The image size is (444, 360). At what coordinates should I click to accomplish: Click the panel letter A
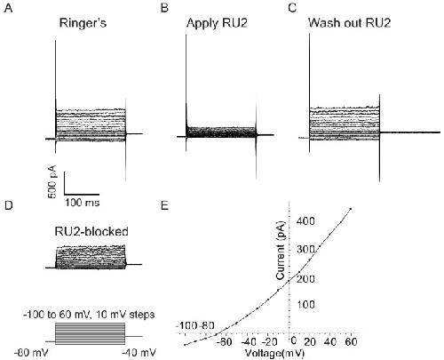tap(8, 8)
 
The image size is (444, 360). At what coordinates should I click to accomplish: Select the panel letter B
tap(164, 8)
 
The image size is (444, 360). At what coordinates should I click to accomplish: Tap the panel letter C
tap(292, 8)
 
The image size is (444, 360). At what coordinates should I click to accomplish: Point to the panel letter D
tap(9, 204)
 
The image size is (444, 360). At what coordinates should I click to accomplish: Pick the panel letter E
tap(164, 204)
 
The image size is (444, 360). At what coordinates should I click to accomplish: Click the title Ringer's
tap(83, 23)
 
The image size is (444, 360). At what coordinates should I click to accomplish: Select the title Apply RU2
tap(217, 23)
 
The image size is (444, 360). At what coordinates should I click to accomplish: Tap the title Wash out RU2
tap(350, 23)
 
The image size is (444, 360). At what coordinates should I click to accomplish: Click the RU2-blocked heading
tap(91, 231)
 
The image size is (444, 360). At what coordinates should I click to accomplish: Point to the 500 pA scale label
tap(52, 181)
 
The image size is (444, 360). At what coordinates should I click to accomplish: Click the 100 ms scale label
tap(83, 203)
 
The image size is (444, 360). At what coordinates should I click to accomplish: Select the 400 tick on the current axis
tap(305, 221)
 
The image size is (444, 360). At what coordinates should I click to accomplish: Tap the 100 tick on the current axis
tap(305, 304)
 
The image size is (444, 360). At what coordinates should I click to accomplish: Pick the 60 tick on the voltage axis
tap(351, 342)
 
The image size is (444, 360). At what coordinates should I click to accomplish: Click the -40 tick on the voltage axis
tap(249, 342)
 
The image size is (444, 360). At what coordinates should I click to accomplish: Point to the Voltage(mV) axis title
tap(274, 353)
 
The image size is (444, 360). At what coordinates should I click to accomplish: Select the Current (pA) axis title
tap(280, 251)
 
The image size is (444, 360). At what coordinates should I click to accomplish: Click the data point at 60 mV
tap(351, 209)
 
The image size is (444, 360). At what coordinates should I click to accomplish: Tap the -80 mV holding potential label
tap(31, 353)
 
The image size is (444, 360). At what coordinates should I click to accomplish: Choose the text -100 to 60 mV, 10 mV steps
tap(89, 314)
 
